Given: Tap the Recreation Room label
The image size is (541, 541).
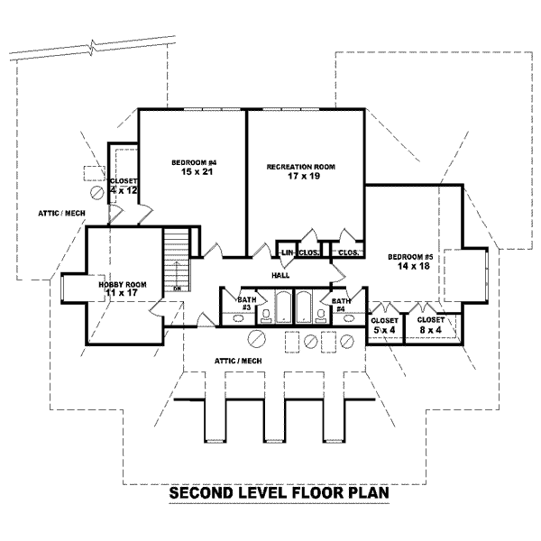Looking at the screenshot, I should click(300, 167).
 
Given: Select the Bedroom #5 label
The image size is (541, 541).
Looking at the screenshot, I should click(410, 257).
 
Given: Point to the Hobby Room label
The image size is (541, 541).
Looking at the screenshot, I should click(122, 285).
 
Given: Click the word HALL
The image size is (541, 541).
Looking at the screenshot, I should click(280, 276).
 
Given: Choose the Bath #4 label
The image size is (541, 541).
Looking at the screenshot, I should click(341, 304).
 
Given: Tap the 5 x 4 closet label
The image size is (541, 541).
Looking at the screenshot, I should click(384, 325).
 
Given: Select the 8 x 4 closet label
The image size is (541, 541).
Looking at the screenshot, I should click(431, 325).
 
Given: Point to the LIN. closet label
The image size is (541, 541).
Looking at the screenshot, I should click(288, 253).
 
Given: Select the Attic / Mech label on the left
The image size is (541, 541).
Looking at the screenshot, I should click(60, 214).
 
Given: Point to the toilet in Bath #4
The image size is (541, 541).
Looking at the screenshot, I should click(322, 315).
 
